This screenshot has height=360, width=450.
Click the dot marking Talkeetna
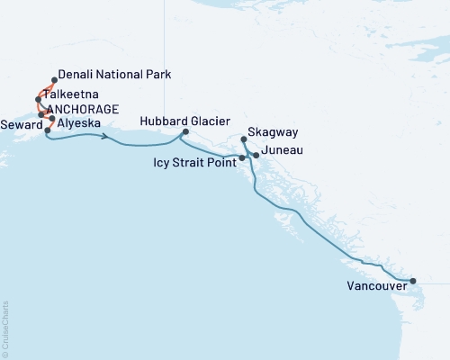(x=38, y=99)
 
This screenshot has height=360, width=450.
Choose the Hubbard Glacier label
(x=185, y=121)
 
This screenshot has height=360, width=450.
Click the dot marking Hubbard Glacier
(x=185, y=132)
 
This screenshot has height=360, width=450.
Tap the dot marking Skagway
(x=245, y=139)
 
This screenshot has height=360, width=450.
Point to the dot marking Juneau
(x=256, y=156)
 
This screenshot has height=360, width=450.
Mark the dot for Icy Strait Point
(x=242, y=158)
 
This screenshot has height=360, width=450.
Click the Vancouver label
(x=374, y=287)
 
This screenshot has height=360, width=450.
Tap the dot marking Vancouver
(x=413, y=282)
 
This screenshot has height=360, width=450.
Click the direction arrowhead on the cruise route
(x=107, y=138)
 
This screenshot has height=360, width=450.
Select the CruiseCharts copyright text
(x=5, y=326)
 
